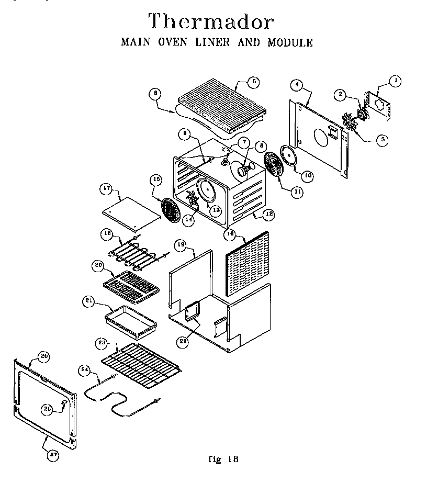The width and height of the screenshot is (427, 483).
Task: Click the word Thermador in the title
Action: pos(211,23)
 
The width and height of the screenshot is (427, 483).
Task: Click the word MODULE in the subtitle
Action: pos(290,43)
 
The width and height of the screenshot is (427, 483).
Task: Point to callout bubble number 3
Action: pos(384,139)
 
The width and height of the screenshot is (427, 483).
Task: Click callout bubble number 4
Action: pos(297,84)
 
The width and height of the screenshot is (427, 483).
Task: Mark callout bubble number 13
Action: pos(215,210)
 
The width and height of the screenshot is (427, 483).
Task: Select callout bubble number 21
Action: pos(88,300)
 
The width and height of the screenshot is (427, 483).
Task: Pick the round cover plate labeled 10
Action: pos(288,156)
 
